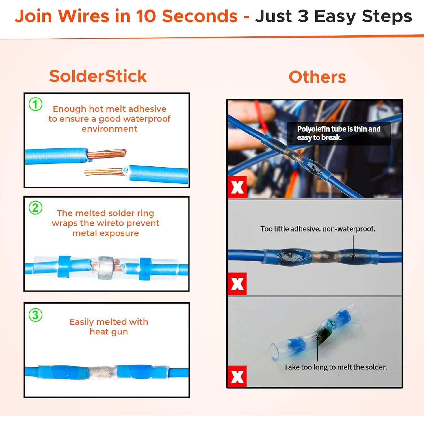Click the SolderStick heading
pyautogui.click(x=98, y=76)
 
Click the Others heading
pyautogui.click(x=317, y=77)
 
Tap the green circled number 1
pyautogui.click(x=36, y=104)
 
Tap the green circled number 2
pyautogui.click(x=36, y=208)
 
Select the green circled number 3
pyautogui.click(x=36, y=315)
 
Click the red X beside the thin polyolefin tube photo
pyautogui.click(x=237, y=187)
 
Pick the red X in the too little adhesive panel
pyautogui.click(x=237, y=284)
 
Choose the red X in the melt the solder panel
pyautogui.click(x=237, y=376)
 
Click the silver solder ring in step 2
pyautogui.click(x=105, y=268)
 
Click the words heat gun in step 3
pyautogui.click(x=109, y=332)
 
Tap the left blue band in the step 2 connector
pyautogui.click(x=64, y=267)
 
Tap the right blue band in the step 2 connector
pyautogui.click(x=145, y=269)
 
